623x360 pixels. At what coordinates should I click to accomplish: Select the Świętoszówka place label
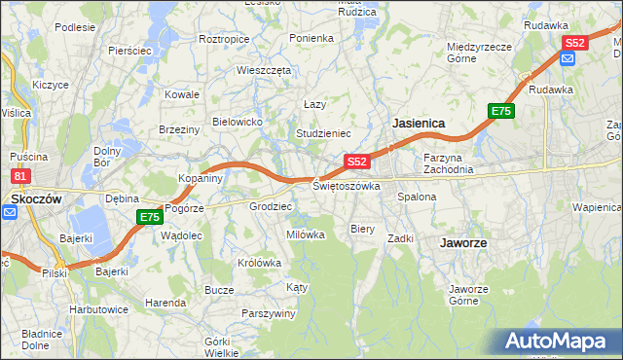coord(346,185)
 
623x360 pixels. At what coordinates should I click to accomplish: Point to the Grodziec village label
coord(271,206)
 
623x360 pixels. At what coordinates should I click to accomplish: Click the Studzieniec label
coord(322,132)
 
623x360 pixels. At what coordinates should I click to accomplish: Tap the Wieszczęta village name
coord(264,70)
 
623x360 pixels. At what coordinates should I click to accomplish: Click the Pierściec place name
coord(128,49)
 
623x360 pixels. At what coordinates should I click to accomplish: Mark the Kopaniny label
coord(202,178)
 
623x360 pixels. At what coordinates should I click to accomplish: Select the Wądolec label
coord(180,235)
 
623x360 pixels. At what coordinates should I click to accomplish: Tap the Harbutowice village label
coord(98,308)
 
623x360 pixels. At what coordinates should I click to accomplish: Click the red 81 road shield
coord(19,176)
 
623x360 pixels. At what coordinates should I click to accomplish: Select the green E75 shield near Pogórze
coord(149,217)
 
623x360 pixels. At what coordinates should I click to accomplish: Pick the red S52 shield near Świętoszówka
coord(356,162)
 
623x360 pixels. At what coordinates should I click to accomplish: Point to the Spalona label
coord(417,197)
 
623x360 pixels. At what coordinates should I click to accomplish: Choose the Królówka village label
coord(259,263)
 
